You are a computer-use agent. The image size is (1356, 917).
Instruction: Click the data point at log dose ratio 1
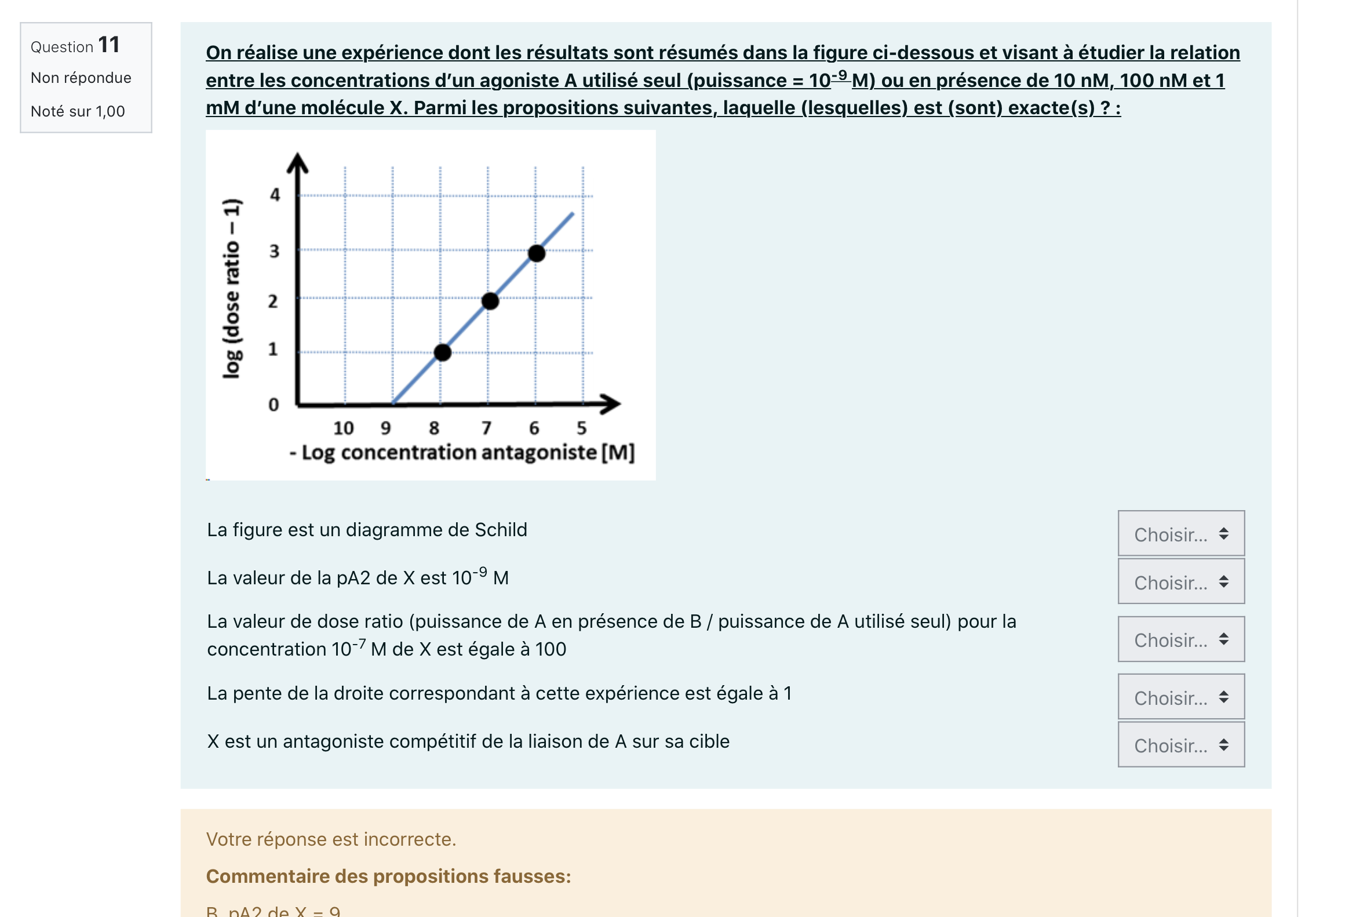click(443, 352)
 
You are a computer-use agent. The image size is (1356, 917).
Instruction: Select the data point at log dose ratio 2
click(490, 301)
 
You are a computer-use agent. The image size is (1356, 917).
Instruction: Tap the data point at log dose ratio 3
click(537, 253)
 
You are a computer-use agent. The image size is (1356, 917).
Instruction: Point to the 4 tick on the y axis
click(275, 194)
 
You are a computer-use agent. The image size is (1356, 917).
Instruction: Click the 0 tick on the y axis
click(274, 405)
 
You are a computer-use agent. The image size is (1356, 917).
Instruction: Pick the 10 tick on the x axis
click(343, 428)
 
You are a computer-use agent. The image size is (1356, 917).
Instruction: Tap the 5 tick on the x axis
click(581, 428)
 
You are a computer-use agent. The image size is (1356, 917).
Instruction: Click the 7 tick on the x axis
click(486, 428)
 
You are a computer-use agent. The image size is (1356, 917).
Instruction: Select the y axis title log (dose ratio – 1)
click(232, 289)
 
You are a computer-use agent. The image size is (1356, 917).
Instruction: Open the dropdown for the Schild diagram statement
click(1180, 533)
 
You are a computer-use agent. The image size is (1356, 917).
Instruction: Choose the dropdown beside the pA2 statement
click(1180, 581)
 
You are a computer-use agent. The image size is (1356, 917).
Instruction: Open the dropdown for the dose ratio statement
click(1180, 639)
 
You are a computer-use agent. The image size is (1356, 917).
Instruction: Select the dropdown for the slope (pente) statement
click(1180, 697)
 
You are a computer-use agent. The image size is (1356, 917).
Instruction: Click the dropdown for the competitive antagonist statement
click(1180, 745)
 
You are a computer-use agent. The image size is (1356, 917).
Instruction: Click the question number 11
click(108, 45)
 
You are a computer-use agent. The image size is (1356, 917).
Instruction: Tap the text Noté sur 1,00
click(78, 111)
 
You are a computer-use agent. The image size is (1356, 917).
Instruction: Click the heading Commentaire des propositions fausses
click(388, 876)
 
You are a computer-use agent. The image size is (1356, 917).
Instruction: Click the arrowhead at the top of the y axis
click(298, 163)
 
